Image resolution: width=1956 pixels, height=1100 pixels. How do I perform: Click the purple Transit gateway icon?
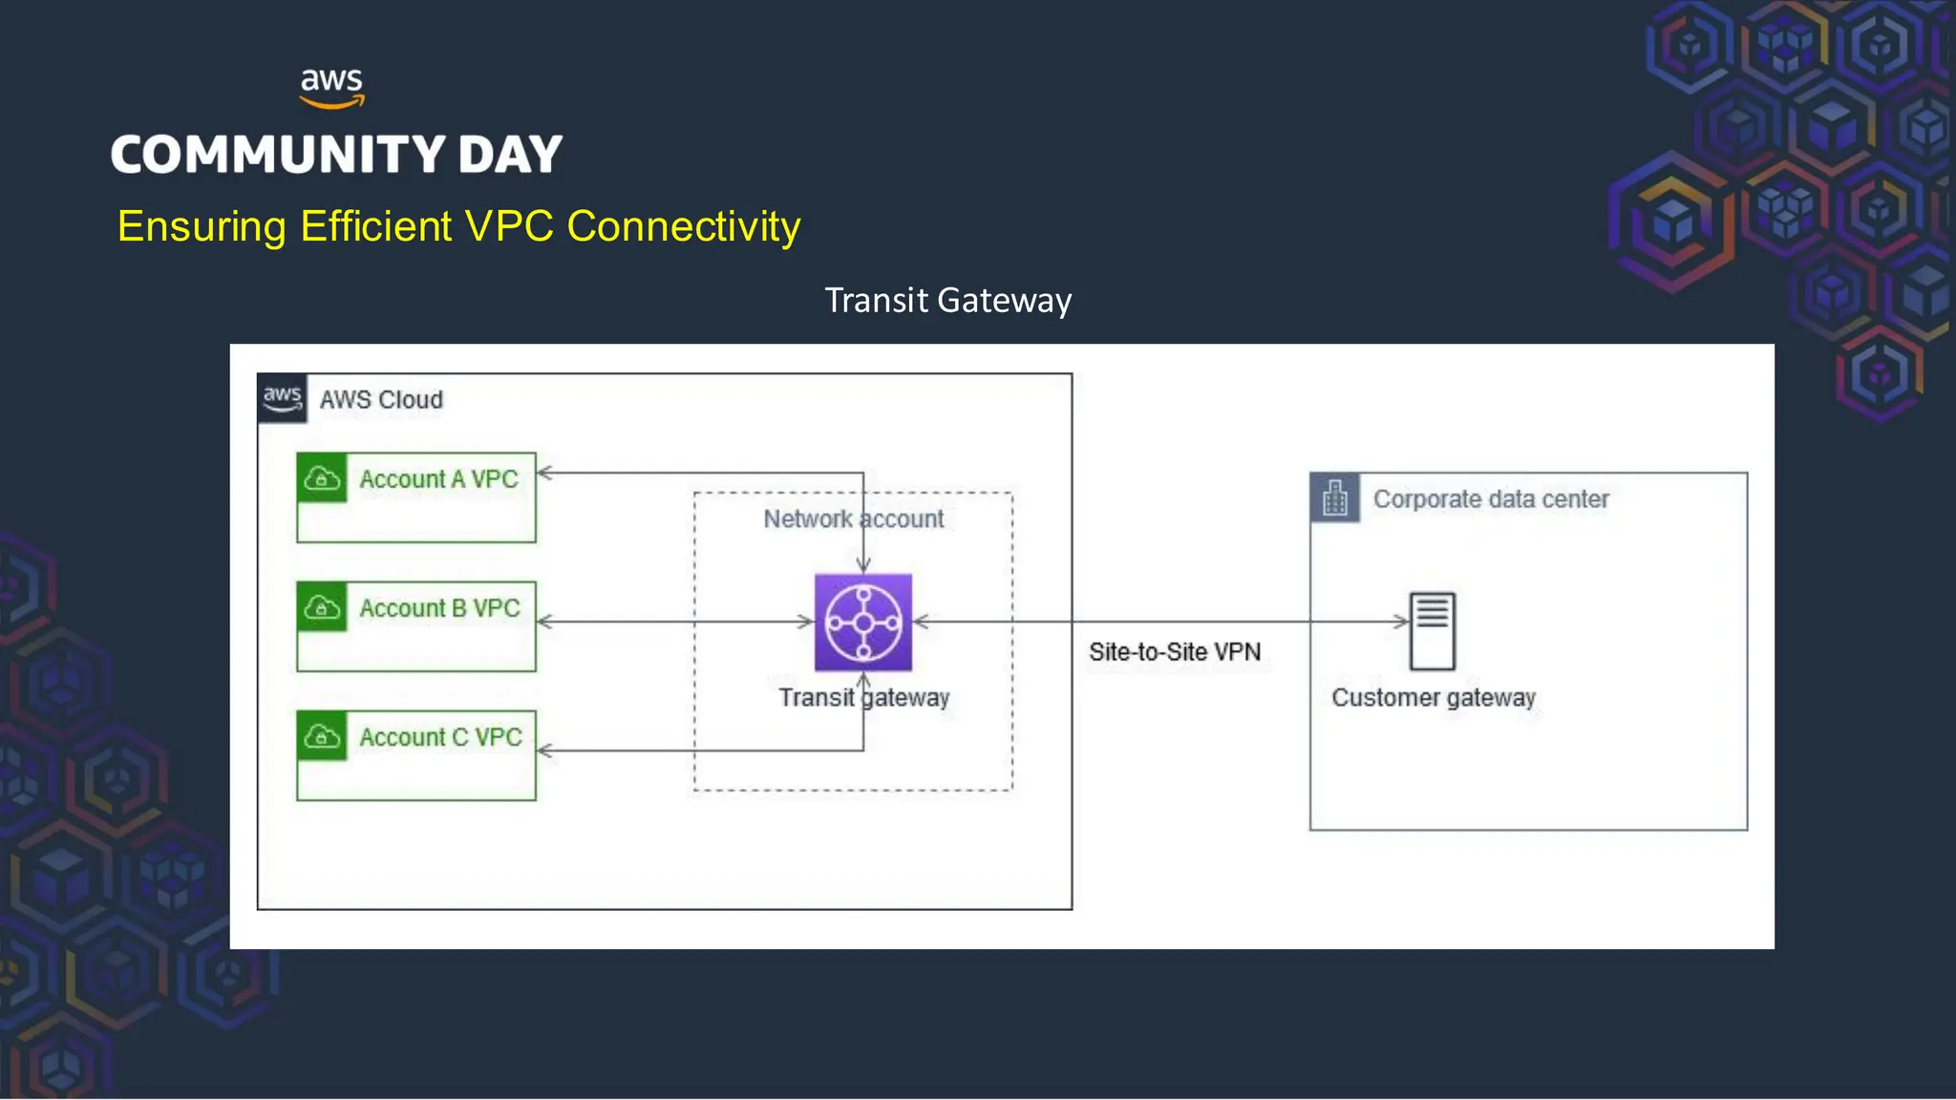coord(863,623)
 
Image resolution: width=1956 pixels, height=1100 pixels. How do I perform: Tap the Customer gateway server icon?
coord(1433,631)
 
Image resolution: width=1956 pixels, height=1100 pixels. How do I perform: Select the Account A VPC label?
coord(438,479)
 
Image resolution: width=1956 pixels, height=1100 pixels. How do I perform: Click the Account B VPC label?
coord(439,608)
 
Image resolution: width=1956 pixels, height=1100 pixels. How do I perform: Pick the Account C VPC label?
coord(440,737)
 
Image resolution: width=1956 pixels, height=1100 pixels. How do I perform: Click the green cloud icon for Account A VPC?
coord(322,478)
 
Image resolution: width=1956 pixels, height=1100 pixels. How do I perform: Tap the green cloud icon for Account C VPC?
coord(322,736)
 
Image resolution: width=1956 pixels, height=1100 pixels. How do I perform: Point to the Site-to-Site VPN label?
coord(1175,652)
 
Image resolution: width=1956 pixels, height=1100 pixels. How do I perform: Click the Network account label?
coord(853,519)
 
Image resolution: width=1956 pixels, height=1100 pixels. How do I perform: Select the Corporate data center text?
coord(1491,499)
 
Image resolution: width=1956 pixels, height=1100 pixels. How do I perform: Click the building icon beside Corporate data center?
coord(1334,497)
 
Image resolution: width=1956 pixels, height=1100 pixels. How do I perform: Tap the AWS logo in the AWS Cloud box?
coord(282,398)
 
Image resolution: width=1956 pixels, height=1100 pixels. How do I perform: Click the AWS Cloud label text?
coord(381,400)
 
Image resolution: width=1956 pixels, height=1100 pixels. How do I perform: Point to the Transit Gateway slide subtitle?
coord(947,301)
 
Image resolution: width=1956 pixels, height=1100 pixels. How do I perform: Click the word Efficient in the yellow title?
coord(375,227)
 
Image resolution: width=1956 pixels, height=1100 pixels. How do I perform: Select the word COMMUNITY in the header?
coord(278,156)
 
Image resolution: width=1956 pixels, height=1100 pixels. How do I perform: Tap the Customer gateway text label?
coord(1433,698)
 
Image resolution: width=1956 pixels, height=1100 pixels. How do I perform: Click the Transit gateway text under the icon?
coord(863,698)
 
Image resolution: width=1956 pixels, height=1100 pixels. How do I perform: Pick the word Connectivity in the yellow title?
coord(683,227)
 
